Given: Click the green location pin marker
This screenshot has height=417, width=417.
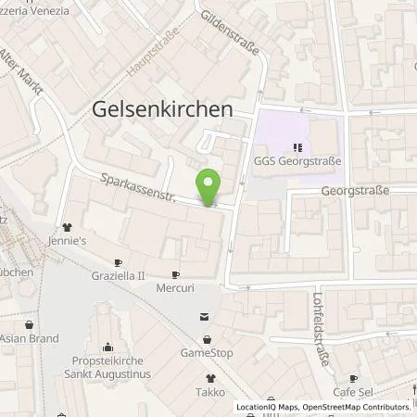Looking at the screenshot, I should tap(210, 185).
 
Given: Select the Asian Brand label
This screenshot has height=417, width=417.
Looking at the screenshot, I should tap(30, 340).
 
